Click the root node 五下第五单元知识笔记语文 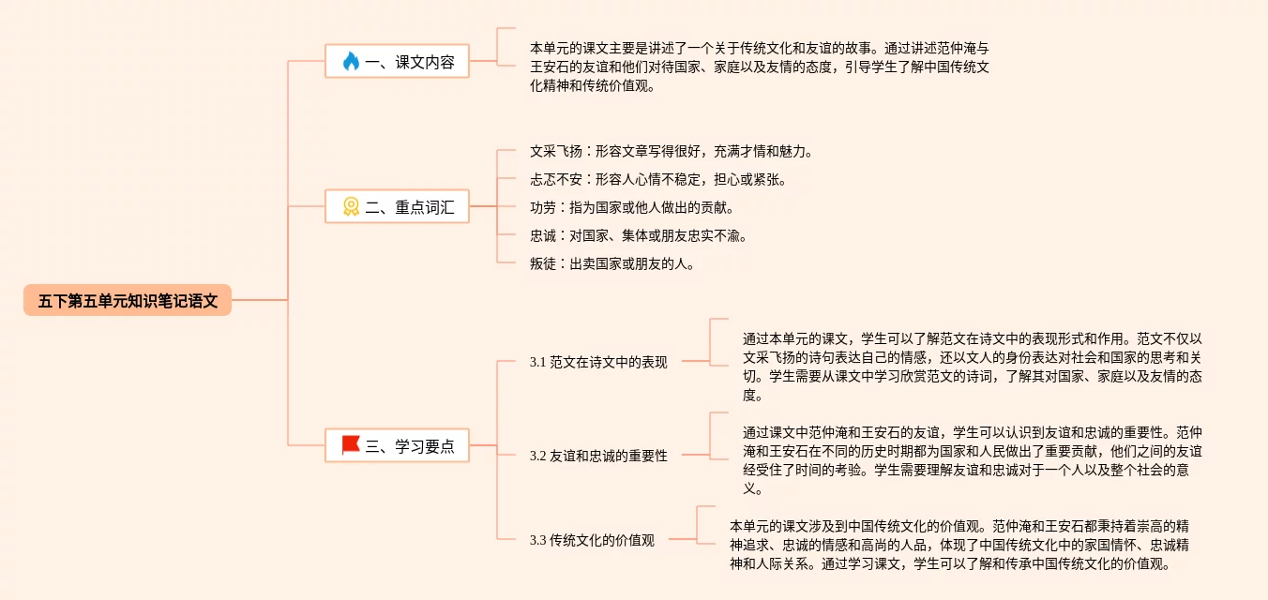click(x=128, y=300)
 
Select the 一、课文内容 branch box click(x=397, y=62)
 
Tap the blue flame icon click(x=351, y=62)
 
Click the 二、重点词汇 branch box click(x=397, y=206)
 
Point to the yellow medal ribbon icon click(x=351, y=206)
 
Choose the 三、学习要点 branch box click(x=397, y=445)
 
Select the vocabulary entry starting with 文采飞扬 click(x=670, y=151)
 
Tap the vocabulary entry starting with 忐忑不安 click(x=657, y=179)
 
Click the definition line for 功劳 click(x=631, y=207)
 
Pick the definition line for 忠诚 click(x=638, y=235)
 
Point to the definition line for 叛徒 click(x=611, y=263)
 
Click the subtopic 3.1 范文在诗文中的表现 click(x=598, y=361)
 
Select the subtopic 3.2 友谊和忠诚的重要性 click(x=598, y=455)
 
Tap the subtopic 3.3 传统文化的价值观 click(x=592, y=539)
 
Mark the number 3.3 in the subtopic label click(x=537, y=539)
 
